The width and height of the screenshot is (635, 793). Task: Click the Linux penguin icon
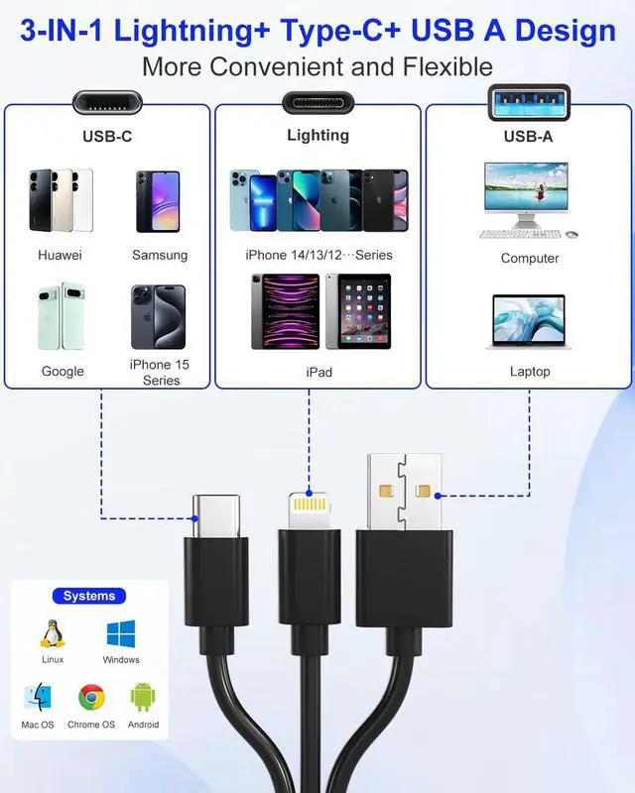pos(52,634)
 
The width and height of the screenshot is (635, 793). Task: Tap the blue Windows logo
pos(121,634)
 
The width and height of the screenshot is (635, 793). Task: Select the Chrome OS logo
pos(91,699)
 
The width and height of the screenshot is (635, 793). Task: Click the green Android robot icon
pos(144,698)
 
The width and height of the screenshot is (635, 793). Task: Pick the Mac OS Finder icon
pos(38,698)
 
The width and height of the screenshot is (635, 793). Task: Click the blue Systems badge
pos(89,596)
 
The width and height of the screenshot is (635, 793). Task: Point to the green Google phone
pos(62,316)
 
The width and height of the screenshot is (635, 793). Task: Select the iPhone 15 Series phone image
pos(158,317)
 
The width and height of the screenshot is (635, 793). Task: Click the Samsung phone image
pos(158,201)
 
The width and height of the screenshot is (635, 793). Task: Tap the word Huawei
pos(60,255)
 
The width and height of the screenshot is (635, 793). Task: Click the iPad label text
pos(318,372)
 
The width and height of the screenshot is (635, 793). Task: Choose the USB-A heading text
pos(528,137)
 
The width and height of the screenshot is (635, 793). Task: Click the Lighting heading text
pos(317,135)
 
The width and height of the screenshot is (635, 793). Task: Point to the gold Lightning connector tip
pos(309,511)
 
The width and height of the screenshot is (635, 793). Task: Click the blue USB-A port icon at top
pos(528,99)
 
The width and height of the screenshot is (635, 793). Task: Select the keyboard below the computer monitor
pos(516,234)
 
